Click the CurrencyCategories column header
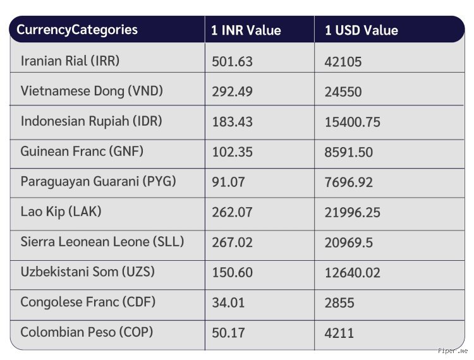click(x=77, y=30)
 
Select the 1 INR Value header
click(x=246, y=30)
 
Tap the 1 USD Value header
click(x=362, y=30)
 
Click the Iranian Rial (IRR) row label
click(x=70, y=61)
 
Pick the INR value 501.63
click(x=232, y=62)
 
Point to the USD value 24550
click(x=343, y=92)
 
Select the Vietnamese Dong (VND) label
click(x=92, y=91)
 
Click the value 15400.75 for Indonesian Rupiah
click(x=352, y=122)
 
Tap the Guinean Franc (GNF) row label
click(x=82, y=151)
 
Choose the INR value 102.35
click(x=232, y=152)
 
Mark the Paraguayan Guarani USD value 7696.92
click(x=348, y=183)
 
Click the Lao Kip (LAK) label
click(x=61, y=212)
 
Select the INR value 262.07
click(x=232, y=212)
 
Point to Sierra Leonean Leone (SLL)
click(x=102, y=242)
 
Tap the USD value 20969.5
click(x=348, y=243)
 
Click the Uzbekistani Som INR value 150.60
click(x=232, y=272)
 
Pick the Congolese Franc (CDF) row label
click(x=88, y=302)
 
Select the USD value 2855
click(x=339, y=303)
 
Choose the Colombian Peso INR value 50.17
click(x=228, y=333)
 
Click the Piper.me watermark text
click(x=453, y=351)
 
